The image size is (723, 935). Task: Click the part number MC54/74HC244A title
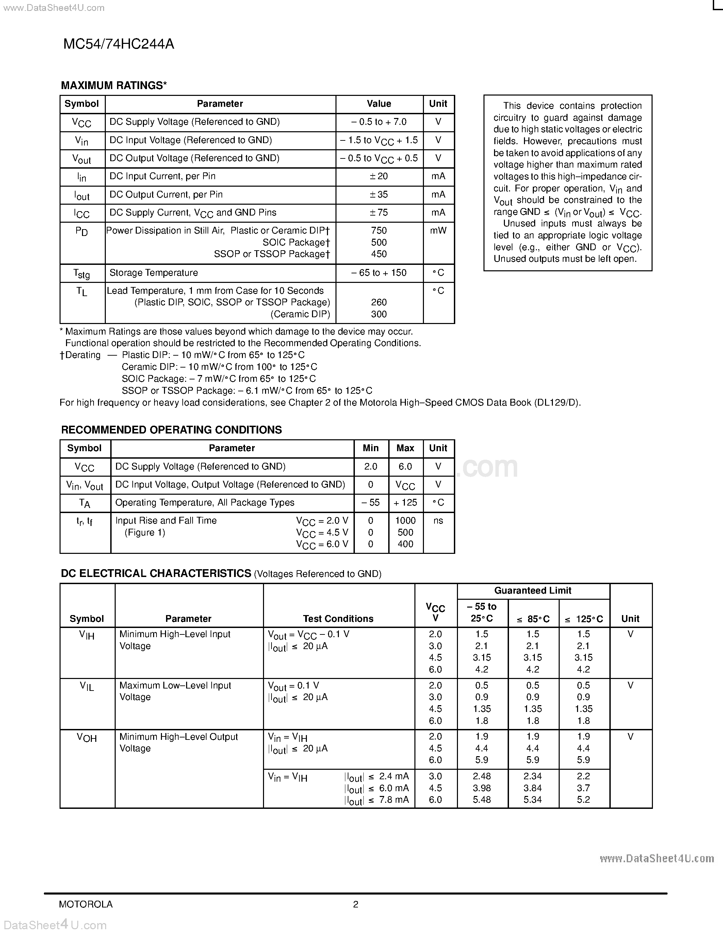pyautogui.click(x=119, y=44)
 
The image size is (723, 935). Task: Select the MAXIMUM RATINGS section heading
pyautogui.click(x=114, y=86)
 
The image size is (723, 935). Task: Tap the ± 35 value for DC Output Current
pyautogui.click(x=379, y=195)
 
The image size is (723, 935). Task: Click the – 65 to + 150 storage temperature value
pyautogui.click(x=379, y=273)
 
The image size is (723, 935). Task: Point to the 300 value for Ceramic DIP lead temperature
pyautogui.click(x=379, y=314)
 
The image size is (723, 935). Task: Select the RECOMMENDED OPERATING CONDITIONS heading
pyautogui.click(x=171, y=430)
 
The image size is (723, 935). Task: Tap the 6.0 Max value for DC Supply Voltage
pyautogui.click(x=405, y=466)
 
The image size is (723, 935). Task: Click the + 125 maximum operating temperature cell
pyautogui.click(x=405, y=503)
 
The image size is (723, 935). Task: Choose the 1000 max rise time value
pyautogui.click(x=405, y=521)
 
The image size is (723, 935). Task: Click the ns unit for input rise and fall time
pyautogui.click(x=438, y=521)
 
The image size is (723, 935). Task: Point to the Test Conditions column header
pyautogui.click(x=338, y=618)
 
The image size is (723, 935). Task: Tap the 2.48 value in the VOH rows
pyautogui.click(x=482, y=776)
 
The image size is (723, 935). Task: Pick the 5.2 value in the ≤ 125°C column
pyautogui.click(x=584, y=800)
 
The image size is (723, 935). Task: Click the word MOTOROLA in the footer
pyautogui.click(x=86, y=904)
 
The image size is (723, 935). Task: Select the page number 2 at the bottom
pyautogui.click(x=356, y=904)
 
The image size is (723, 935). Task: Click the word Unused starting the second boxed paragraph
pyautogui.click(x=519, y=223)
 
